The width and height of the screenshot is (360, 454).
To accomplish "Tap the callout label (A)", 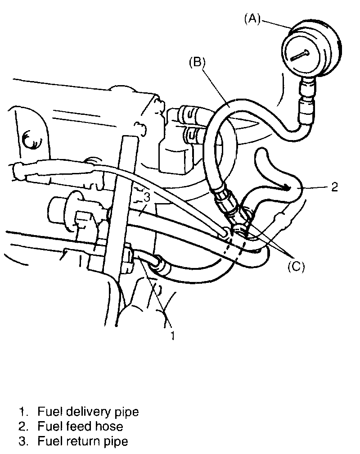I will (x=252, y=19).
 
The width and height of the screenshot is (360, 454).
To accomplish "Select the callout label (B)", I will (x=197, y=62).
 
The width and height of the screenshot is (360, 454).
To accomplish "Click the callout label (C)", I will (x=296, y=267).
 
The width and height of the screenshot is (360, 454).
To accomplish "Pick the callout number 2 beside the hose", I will (x=334, y=186).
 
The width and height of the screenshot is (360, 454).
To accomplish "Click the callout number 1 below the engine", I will (x=171, y=336).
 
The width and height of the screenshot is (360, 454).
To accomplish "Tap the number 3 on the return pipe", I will (x=147, y=197).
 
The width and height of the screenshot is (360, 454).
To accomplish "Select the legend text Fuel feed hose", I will (x=80, y=426).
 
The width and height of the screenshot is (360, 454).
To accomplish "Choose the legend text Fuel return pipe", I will (x=83, y=441).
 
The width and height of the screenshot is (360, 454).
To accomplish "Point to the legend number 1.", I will (x=22, y=411).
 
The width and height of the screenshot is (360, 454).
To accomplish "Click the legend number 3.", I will (x=22, y=441).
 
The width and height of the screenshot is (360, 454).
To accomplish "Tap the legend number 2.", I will (x=22, y=426).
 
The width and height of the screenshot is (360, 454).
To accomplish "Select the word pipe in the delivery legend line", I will (x=128, y=412).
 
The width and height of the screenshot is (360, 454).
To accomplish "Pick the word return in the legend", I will (x=80, y=441).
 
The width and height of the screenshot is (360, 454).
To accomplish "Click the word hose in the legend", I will (x=111, y=426).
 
